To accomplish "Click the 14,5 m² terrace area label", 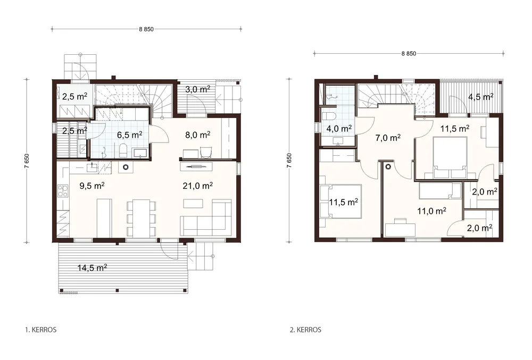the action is click(92, 268).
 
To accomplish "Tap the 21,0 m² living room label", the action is click(198, 186).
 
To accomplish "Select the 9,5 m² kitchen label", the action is click(92, 186).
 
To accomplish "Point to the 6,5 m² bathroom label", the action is click(130, 135).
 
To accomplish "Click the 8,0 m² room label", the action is click(198, 135).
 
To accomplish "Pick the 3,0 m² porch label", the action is click(198, 89).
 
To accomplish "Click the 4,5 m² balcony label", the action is click(481, 97).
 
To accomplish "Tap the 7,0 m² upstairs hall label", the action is click(388, 138).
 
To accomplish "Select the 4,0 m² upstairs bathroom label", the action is click(339, 129).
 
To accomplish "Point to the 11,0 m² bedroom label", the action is click(431, 211).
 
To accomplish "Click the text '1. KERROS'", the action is click(41, 330).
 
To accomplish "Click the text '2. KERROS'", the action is click(305, 330).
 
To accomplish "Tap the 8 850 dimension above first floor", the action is click(146, 29).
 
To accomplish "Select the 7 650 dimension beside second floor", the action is click(289, 161).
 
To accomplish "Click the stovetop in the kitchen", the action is click(63, 191).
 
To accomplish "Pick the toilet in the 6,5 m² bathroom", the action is click(123, 150).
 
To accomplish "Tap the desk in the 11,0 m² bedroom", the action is click(401, 229).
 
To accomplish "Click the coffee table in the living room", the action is click(193, 203).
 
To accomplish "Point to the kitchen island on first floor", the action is click(104, 218).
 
